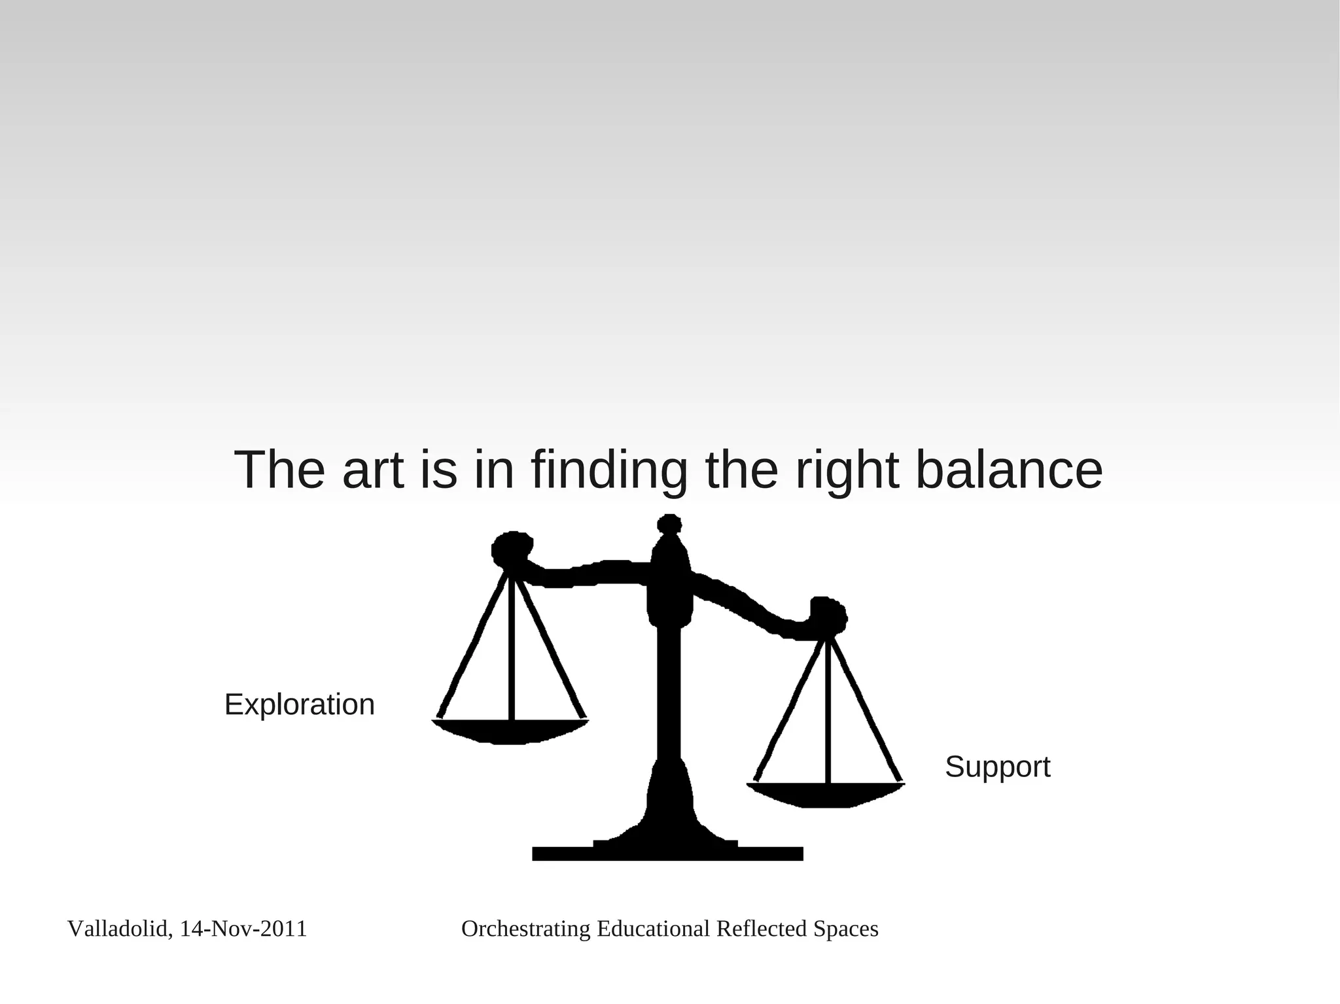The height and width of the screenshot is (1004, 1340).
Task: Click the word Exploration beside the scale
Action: [299, 705]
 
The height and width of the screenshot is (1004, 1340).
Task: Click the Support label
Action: [997, 767]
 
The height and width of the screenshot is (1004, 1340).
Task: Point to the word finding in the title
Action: [609, 471]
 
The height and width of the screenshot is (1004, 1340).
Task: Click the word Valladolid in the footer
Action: [118, 929]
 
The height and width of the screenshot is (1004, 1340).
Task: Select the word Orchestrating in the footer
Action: [526, 929]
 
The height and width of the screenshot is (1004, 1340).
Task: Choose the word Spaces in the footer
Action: [845, 929]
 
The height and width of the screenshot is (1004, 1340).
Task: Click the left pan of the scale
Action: [510, 731]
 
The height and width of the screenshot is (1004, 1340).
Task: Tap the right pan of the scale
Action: [826, 794]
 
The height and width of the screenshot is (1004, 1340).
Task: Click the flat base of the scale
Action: [667, 854]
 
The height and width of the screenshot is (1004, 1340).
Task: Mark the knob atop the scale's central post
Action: [669, 525]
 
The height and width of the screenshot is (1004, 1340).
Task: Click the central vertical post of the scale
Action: [669, 693]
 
